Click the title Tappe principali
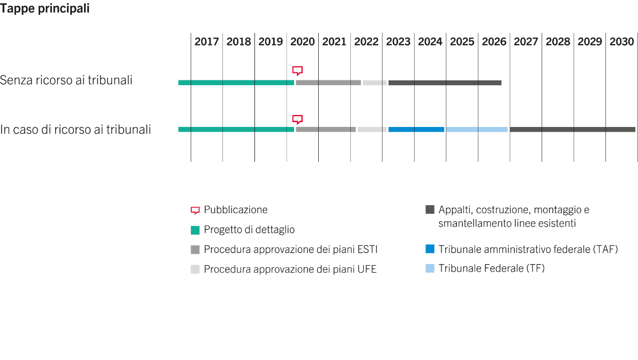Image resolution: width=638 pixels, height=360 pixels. pyautogui.click(x=45, y=9)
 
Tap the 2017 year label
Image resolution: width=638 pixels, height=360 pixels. pyautogui.click(x=206, y=42)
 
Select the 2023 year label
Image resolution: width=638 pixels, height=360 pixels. pyautogui.click(x=398, y=42)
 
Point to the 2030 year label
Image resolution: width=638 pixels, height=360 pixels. pyautogui.click(x=622, y=42)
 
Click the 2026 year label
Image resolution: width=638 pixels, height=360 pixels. pyautogui.click(x=494, y=42)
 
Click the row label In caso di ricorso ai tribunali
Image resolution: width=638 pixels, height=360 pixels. pyautogui.click(x=76, y=130)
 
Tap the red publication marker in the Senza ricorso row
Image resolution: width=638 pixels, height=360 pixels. pyautogui.click(x=297, y=71)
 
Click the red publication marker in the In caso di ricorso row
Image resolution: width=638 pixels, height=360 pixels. pyautogui.click(x=297, y=119)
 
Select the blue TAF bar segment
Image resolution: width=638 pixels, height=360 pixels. pyautogui.click(x=416, y=130)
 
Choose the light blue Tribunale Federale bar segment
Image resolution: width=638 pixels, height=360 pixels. pyautogui.click(x=477, y=130)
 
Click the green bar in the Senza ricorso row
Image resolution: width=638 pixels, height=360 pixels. pyautogui.click(x=236, y=82)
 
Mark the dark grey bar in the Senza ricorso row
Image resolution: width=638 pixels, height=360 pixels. pyautogui.click(x=445, y=83)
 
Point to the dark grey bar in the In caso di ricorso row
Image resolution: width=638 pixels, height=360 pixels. pyautogui.click(x=573, y=130)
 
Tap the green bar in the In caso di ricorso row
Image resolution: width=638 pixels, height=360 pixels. pyautogui.click(x=236, y=130)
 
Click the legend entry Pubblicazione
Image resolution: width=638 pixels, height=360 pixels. pyautogui.click(x=235, y=209)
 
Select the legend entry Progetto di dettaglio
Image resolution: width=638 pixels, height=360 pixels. pyautogui.click(x=249, y=230)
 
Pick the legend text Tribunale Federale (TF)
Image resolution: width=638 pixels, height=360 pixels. pyautogui.click(x=491, y=268)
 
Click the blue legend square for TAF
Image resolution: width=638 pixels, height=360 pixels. pyautogui.click(x=430, y=249)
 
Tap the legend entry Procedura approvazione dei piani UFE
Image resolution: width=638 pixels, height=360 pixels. pyautogui.click(x=290, y=269)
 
